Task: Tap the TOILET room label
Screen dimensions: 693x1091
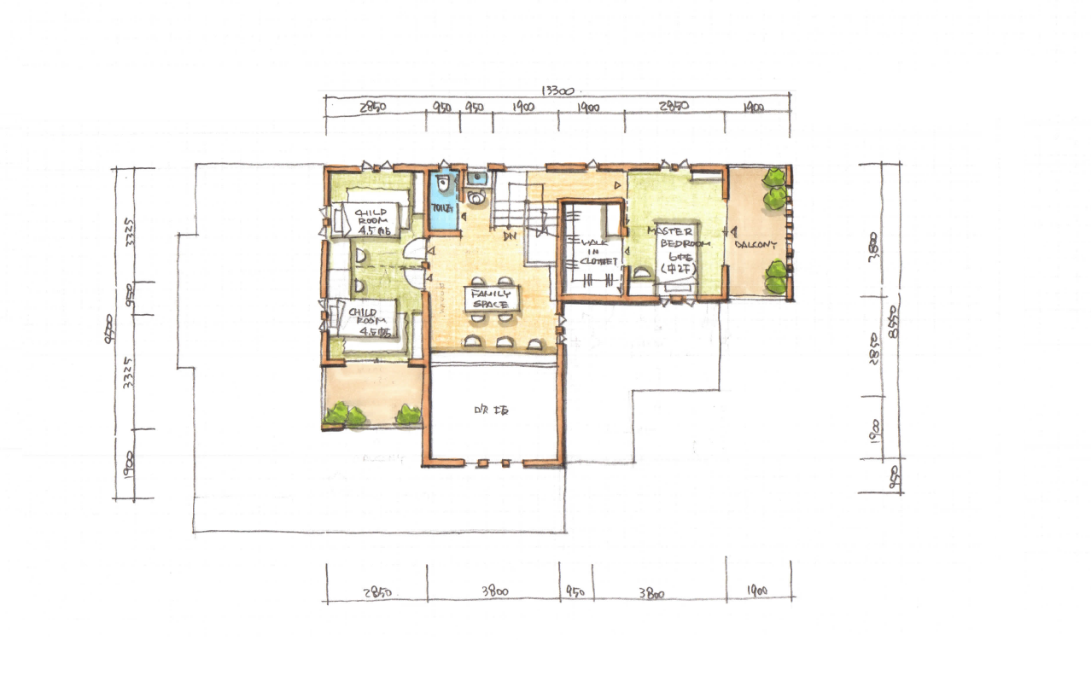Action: coord(440,207)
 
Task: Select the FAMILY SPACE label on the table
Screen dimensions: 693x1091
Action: coord(490,299)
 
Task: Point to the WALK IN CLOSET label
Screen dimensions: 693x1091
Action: coord(598,252)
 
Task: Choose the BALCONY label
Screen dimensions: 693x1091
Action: coord(756,244)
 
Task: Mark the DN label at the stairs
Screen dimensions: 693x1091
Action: coord(510,236)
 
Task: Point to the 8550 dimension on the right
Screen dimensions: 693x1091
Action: coord(892,323)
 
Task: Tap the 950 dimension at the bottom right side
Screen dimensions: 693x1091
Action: coord(892,476)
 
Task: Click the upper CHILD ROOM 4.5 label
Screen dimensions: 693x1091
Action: coord(373,220)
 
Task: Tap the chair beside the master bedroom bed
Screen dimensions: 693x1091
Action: coord(639,275)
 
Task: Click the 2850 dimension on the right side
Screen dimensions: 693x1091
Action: coord(873,348)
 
